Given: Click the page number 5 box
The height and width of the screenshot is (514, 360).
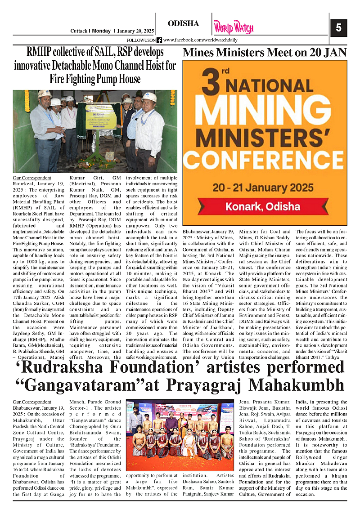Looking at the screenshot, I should click(338, 28).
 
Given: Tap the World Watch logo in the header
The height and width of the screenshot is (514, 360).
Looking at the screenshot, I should click(234, 28).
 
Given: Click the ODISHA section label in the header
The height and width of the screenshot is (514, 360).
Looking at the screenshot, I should click(183, 24).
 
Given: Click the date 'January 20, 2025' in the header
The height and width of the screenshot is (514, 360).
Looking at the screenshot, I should click(135, 31).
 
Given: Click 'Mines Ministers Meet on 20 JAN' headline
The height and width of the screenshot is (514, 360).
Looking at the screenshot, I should click(265, 53).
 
